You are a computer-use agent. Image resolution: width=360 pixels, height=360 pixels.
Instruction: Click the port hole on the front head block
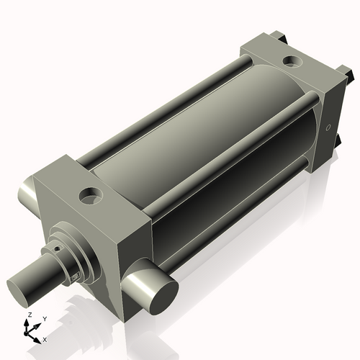point(91,194)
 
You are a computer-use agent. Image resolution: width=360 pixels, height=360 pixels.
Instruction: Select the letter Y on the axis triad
point(44,318)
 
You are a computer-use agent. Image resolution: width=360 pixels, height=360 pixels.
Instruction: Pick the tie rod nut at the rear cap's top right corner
point(349,73)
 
